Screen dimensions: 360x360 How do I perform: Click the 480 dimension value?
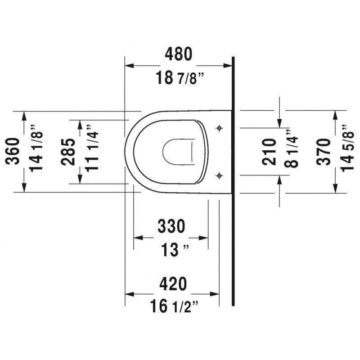pyautogui.click(x=178, y=54)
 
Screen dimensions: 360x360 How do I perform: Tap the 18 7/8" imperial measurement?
pyautogui.click(x=180, y=77)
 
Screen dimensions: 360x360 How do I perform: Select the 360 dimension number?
pyautogui.click(x=13, y=151)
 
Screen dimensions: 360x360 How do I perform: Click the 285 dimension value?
pyautogui.click(x=68, y=152)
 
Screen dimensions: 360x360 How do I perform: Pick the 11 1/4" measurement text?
pyautogui.click(x=92, y=148)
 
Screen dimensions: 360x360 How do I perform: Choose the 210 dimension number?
pyautogui.click(x=269, y=152)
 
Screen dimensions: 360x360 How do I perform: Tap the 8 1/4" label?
pyautogui.click(x=291, y=148)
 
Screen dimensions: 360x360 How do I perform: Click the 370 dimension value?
pyautogui.click(x=323, y=152)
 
